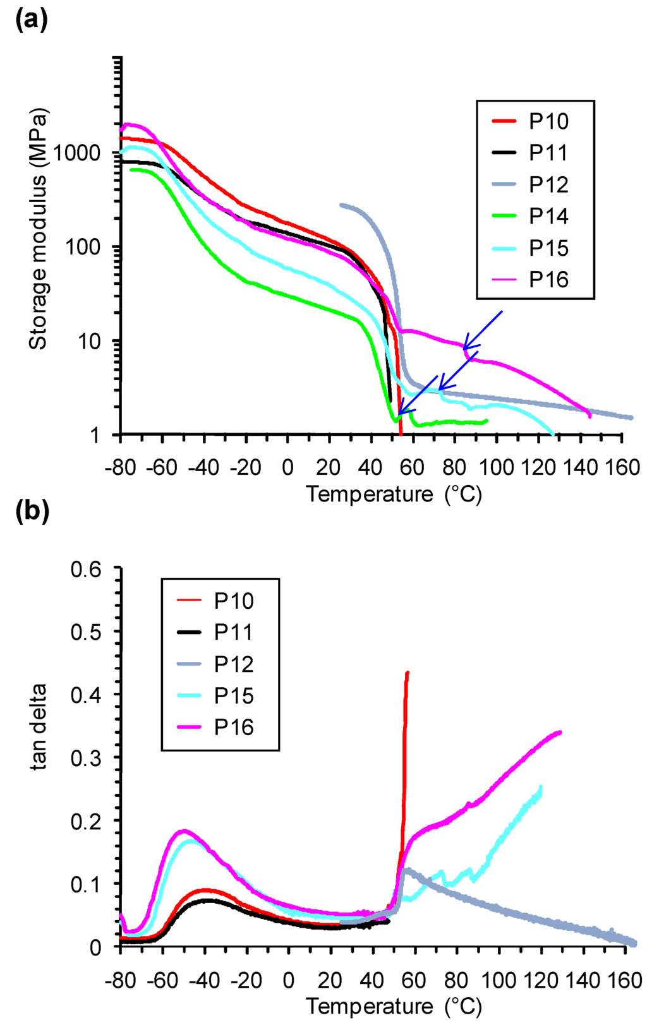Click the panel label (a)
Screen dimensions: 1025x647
tap(31, 21)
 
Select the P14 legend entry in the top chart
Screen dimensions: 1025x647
tap(548, 216)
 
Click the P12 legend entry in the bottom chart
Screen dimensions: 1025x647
tap(233, 664)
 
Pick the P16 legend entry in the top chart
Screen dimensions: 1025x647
tap(548, 279)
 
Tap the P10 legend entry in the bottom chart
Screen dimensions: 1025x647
tap(233, 601)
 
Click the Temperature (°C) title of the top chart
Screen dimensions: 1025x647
tap(394, 494)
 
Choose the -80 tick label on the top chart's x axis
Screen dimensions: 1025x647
tap(120, 468)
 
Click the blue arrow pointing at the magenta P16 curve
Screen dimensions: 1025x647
tap(483, 329)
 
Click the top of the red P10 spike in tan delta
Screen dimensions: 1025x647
tap(408, 673)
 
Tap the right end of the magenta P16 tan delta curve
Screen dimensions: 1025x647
tap(560, 733)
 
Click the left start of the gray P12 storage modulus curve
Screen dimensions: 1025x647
tap(341, 205)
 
